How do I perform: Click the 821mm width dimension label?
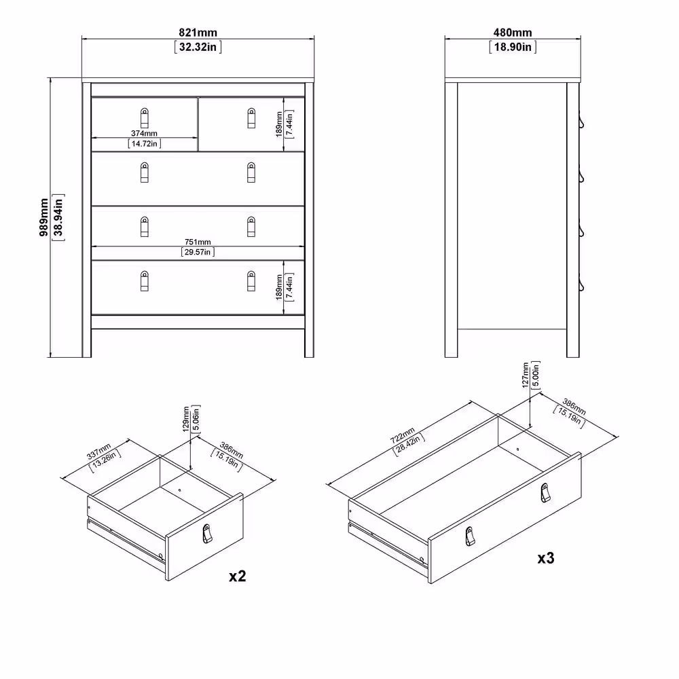pos(198,33)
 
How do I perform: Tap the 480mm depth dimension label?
pos(513,33)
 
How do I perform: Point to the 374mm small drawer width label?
pos(144,134)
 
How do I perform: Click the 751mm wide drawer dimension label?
pos(198,242)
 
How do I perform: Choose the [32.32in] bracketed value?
pos(198,47)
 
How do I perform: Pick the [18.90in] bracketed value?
pos(513,47)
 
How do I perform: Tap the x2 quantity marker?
pos(237,576)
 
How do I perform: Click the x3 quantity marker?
pos(547,558)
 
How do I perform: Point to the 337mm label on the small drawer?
pos(99,452)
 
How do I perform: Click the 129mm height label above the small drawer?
pos(187,420)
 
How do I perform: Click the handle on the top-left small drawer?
pos(144,117)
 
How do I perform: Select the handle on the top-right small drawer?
pos(251,117)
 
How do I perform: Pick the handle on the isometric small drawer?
pos(207,534)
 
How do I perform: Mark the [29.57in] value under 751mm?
pos(198,252)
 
